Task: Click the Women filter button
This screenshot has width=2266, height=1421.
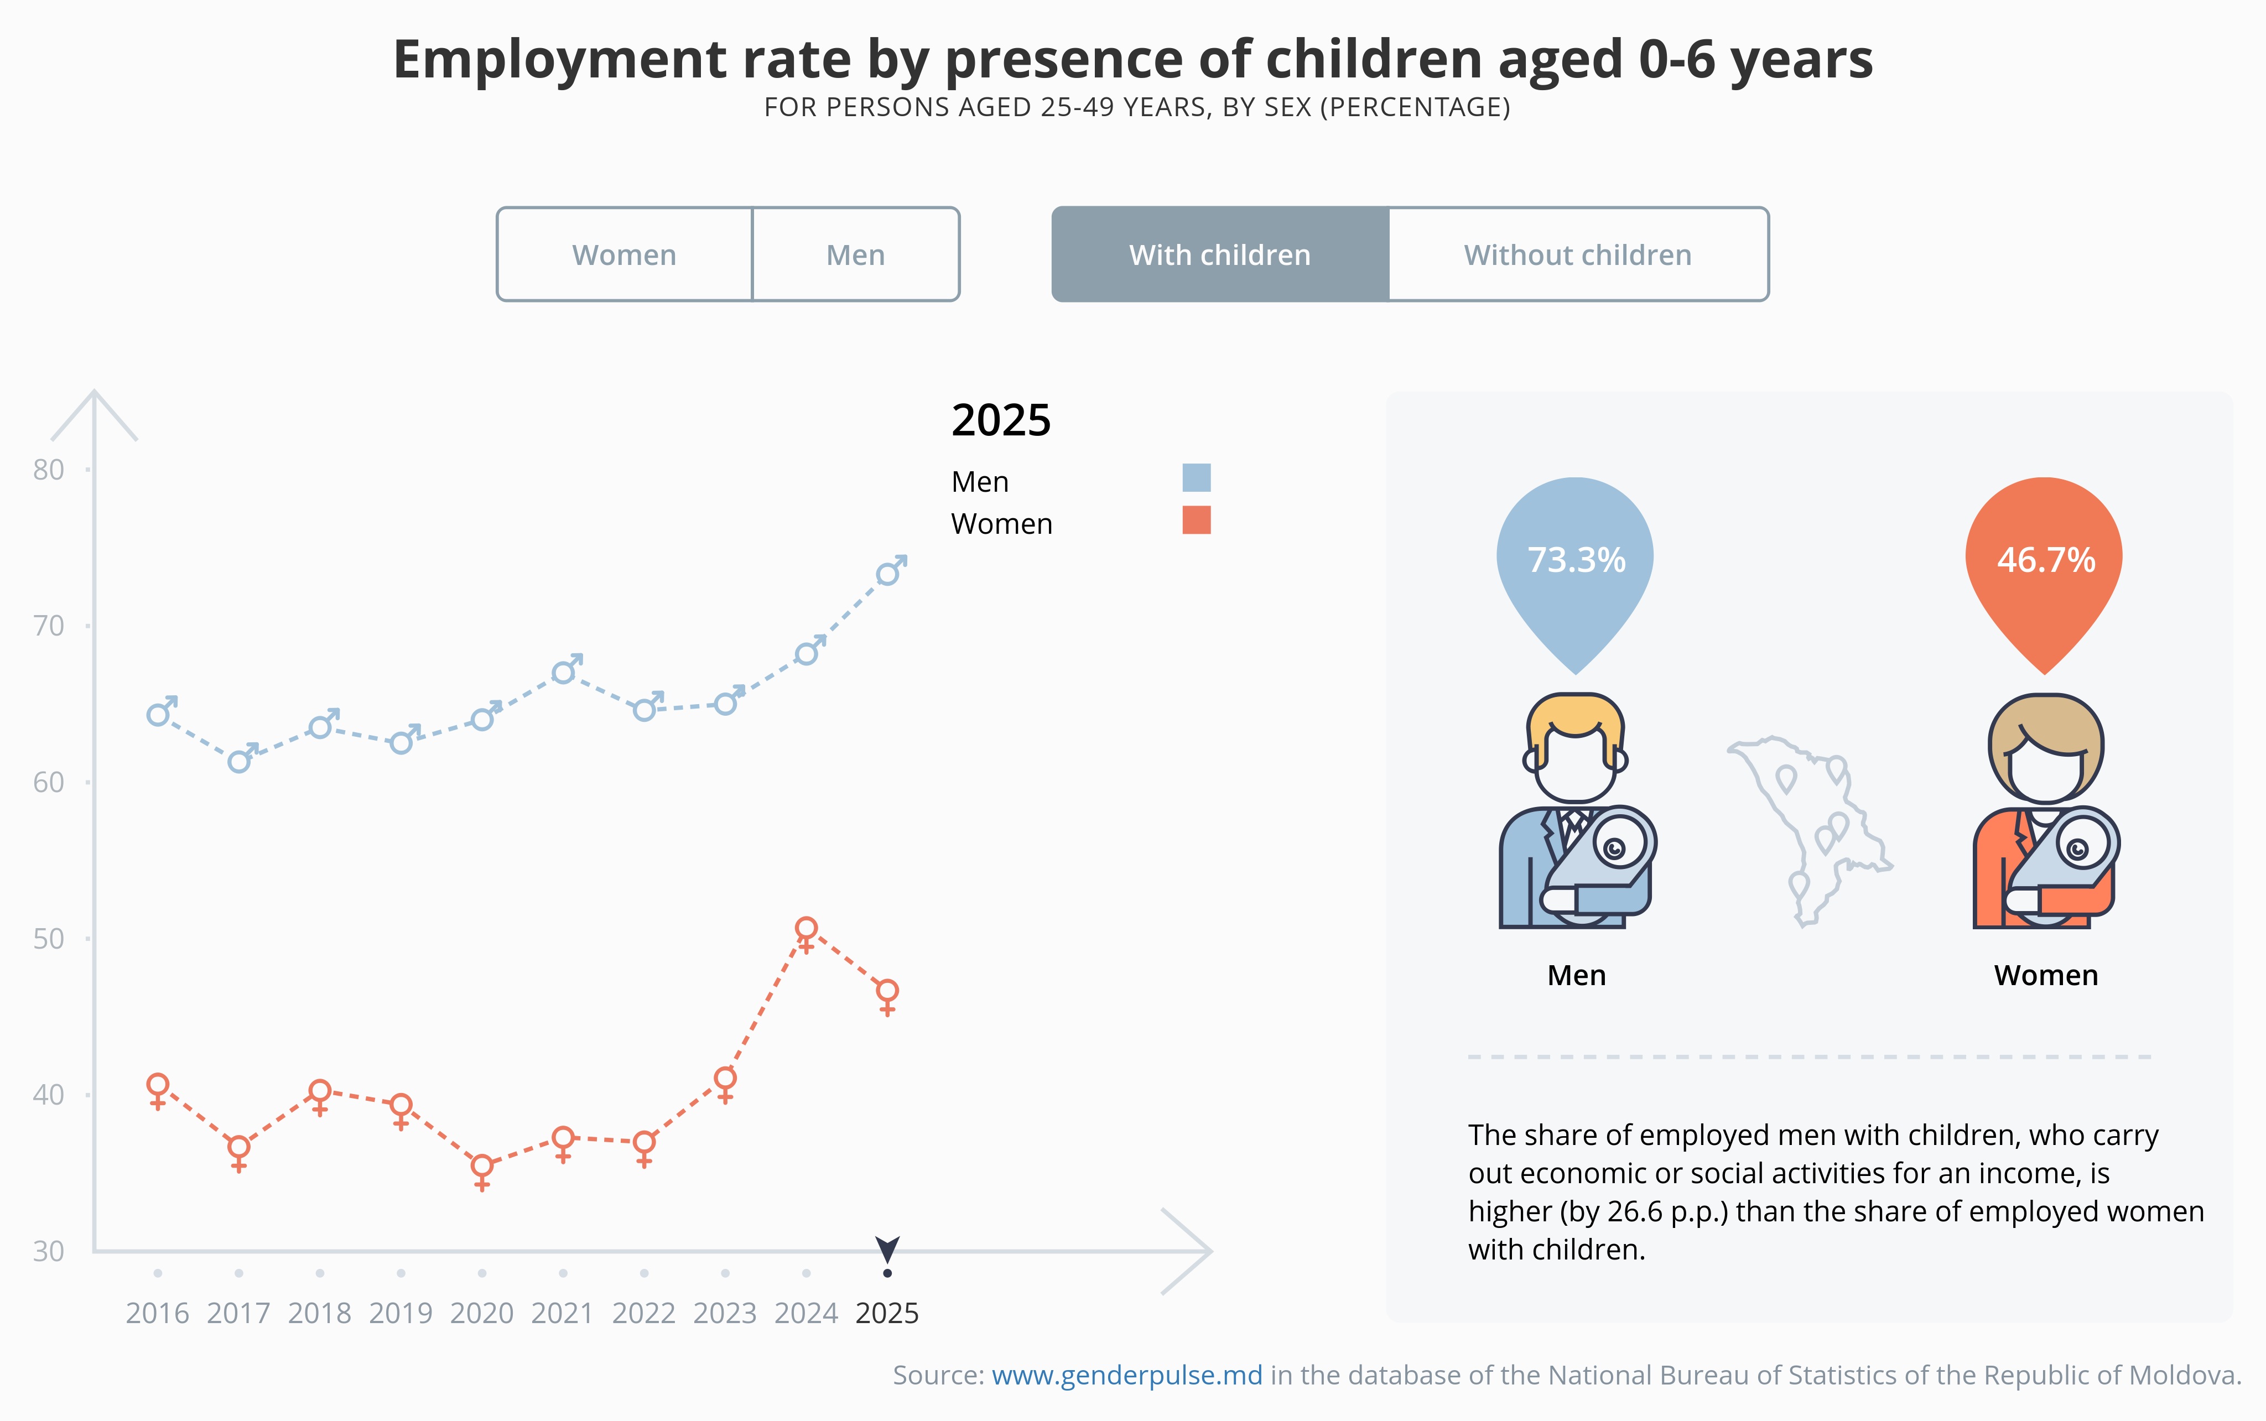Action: (x=624, y=254)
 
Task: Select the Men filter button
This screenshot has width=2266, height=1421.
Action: (x=855, y=254)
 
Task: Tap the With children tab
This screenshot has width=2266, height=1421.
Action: (x=1220, y=254)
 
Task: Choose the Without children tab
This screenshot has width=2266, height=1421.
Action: (x=1578, y=254)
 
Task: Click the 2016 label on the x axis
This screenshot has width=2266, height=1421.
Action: (x=157, y=1313)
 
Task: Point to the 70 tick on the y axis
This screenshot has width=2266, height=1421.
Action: (x=48, y=626)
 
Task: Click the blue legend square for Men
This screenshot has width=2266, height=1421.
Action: (x=1197, y=477)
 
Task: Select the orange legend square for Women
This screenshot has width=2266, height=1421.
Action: (x=1197, y=520)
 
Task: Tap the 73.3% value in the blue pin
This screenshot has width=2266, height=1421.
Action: (x=1576, y=560)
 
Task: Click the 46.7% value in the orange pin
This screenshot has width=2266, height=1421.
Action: (x=2045, y=560)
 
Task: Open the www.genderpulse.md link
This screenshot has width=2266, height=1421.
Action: (x=1127, y=1375)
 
